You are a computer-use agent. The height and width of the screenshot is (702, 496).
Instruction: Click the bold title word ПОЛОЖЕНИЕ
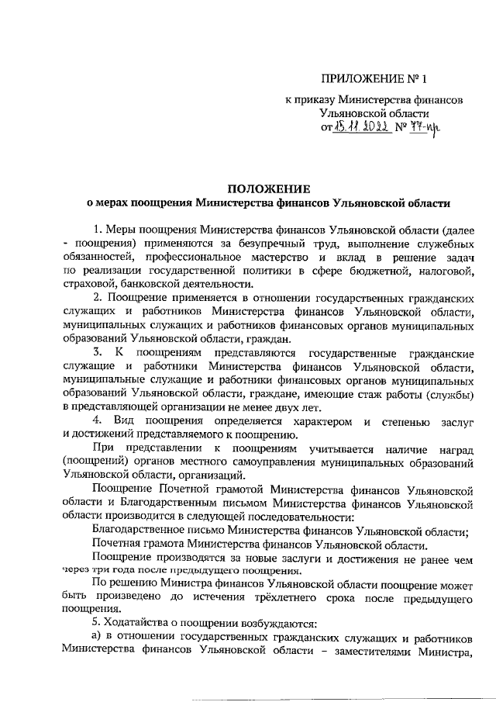pos(268,189)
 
